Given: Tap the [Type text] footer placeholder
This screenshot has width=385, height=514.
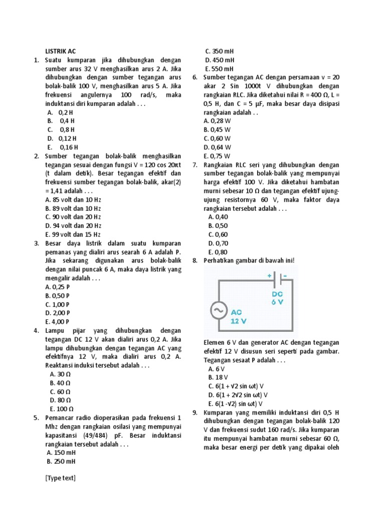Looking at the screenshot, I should coord(60,478).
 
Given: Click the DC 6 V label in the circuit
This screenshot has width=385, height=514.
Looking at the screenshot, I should coord(278,298).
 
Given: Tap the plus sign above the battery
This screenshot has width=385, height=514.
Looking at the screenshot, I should coord(269,276).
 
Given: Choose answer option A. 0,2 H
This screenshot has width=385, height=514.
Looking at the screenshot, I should coord(62,112).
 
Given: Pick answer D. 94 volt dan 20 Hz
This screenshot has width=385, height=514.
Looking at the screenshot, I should coord(73,225).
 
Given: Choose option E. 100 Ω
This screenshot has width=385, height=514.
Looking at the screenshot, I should coord(62,409).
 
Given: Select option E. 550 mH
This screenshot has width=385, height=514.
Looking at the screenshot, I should coord(219,69).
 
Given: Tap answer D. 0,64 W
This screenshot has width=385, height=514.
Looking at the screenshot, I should coord(217,147).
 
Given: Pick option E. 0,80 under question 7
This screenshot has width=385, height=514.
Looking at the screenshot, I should coord(218,252).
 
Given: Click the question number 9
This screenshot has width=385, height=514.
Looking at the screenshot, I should coord(195,412).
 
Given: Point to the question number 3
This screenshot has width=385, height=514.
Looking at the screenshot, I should coord(37,243).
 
